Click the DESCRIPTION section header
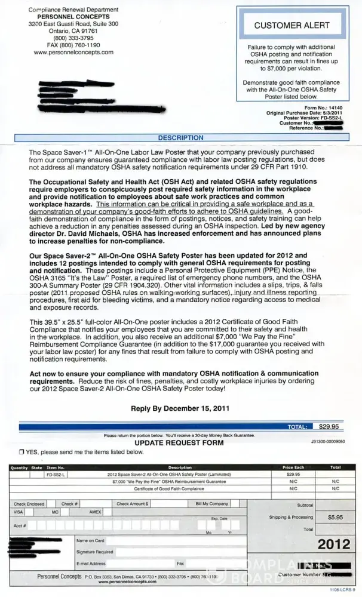[x=180, y=138]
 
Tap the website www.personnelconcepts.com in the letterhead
[x=73, y=53]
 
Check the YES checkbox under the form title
[x=22, y=452]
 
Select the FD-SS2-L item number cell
[x=57, y=474]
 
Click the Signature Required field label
[x=95, y=552]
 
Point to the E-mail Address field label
[x=91, y=563]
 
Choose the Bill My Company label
[x=212, y=504]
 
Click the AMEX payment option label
[x=96, y=512]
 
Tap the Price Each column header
[x=293, y=467]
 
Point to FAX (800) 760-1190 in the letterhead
[x=73, y=45]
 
